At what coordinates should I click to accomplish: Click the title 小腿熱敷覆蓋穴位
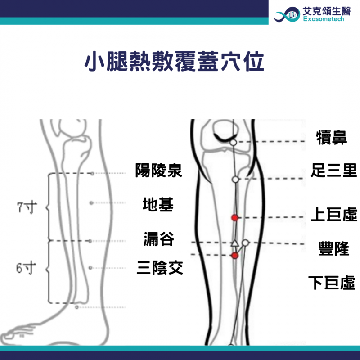[174, 61]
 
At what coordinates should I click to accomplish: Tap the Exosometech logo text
[323, 19]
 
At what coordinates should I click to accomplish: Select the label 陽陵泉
[159, 171]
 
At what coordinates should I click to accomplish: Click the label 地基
[158, 204]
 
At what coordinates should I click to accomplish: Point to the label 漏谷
[159, 239]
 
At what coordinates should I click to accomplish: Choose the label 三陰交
[160, 267]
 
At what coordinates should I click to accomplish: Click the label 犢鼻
[332, 138]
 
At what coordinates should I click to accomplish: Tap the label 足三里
[334, 171]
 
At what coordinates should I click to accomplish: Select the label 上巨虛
[334, 214]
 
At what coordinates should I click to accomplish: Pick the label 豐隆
[334, 248]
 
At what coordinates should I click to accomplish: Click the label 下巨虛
[332, 283]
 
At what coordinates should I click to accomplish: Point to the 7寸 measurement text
[27, 207]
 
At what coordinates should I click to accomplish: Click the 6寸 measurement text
[26, 268]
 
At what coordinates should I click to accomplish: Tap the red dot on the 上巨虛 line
[234, 217]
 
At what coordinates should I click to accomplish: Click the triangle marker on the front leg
[234, 243]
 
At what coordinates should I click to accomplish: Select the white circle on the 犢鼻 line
[233, 143]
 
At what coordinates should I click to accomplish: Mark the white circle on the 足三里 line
[235, 180]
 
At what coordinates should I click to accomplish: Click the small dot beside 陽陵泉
[92, 174]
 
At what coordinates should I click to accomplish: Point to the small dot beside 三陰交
[90, 268]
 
